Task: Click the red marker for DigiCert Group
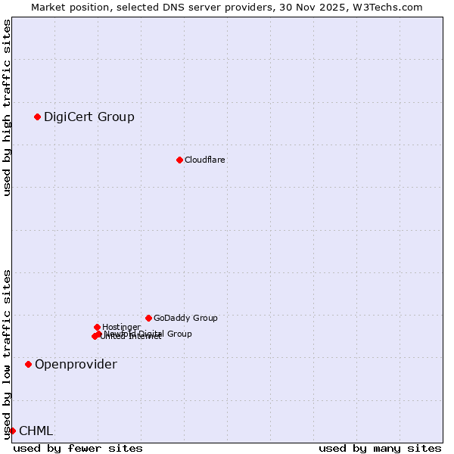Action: pos(37,117)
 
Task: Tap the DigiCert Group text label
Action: pos(89,117)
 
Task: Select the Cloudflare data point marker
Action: pos(179,160)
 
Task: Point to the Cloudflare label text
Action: pos(205,160)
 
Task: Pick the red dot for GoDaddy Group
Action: pos(148,318)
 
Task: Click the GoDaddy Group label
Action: pos(185,318)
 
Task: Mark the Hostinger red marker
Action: pos(97,327)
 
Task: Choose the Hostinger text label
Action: pos(121,327)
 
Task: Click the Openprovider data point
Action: pos(28,364)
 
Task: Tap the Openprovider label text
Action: pos(76,364)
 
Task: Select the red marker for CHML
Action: pos(12,431)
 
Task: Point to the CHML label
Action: pos(36,431)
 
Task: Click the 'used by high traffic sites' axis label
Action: pos(7,107)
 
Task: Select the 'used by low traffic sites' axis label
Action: pos(7,354)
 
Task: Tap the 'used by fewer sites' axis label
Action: pos(78,448)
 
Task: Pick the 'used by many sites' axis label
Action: pos(380,448)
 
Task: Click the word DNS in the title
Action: pos(179,8)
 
